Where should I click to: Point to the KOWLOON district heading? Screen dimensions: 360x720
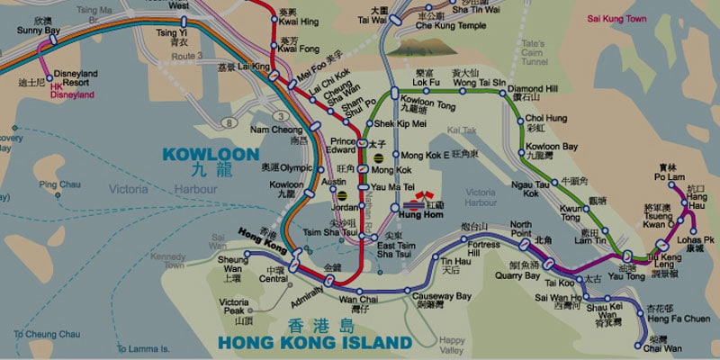pyautogui.click(x=202, y=154)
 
